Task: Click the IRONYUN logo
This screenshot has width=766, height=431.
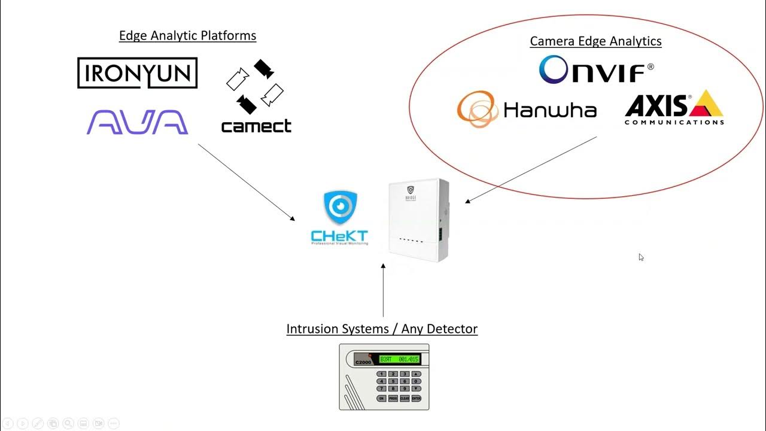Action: (x=137, y=73)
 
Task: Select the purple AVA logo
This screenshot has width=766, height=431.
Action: (x=137, y=122)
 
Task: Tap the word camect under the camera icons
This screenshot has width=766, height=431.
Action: (x=256, y=126)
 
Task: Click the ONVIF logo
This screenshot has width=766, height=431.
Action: (x=596, y=70)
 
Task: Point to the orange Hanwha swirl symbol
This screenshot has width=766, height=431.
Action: (x=476, y=109)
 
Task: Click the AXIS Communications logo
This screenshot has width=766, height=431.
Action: (x=674, y=108)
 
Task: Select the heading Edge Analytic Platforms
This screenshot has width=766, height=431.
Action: (x=187, y=35)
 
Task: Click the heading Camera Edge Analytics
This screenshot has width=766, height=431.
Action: (x=595, y=41)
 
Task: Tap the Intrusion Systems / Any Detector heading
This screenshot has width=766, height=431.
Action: (x=382, y=329)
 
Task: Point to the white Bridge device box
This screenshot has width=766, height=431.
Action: (x=418, y=220)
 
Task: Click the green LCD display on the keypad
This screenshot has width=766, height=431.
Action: (x=399, y=359)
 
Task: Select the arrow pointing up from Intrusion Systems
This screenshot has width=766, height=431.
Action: (x=383, y=290)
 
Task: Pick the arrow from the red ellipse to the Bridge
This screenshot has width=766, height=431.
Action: (x=531, y=169)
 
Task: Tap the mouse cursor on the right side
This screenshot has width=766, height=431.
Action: (x=640, y=257)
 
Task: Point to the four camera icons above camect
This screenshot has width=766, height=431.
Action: (x=255, y=86)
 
